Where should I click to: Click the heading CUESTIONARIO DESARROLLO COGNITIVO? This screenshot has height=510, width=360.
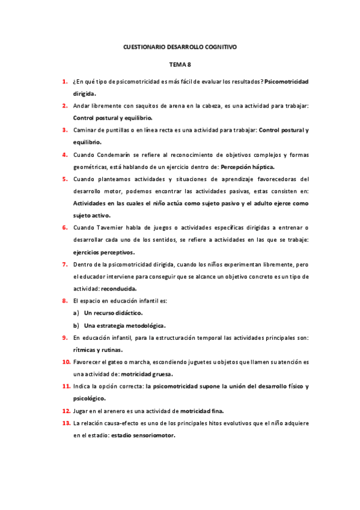(180, 46)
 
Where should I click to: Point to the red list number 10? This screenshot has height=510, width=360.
(66, 362)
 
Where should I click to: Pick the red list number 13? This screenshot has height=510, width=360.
(66, 423)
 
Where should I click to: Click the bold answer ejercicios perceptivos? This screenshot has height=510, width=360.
(103, 252)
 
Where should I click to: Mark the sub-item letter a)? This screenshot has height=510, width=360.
(76, 313)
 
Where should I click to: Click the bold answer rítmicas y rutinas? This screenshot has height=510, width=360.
(98, 349)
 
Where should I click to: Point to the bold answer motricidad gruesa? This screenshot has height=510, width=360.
(148, 374)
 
